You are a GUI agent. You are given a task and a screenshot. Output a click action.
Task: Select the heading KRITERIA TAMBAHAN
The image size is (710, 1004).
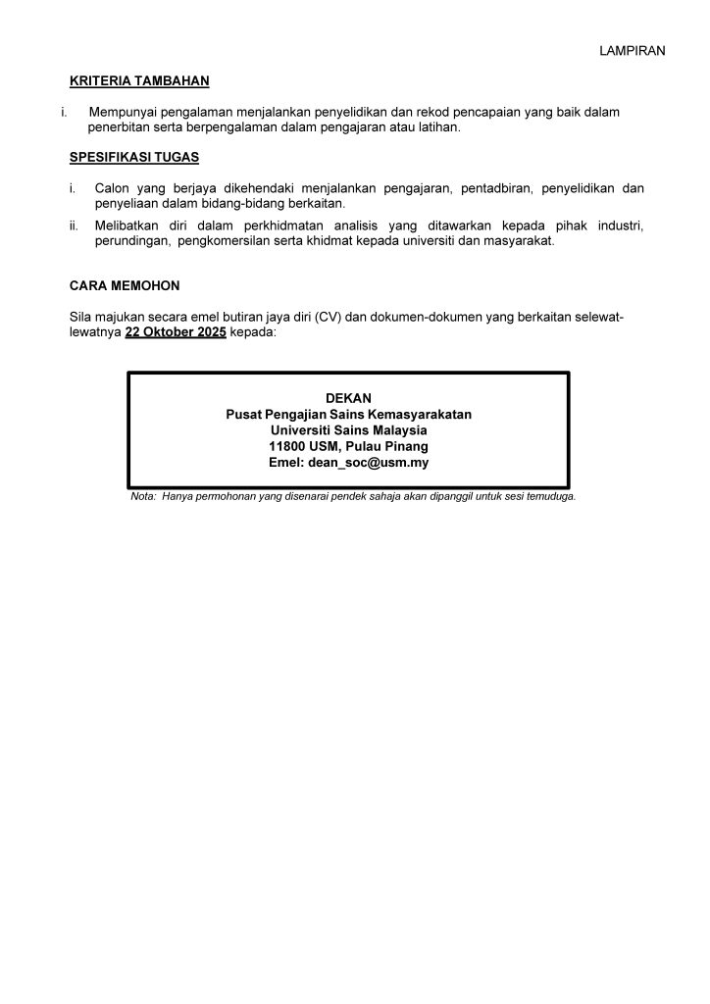139,81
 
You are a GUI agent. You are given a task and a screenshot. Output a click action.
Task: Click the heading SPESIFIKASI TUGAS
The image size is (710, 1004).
134,157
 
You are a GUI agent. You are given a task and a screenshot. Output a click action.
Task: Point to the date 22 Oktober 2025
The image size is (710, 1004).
176,332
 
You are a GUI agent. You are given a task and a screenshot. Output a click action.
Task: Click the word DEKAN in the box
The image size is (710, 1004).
348,398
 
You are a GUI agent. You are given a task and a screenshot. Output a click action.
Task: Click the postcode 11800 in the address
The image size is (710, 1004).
285,446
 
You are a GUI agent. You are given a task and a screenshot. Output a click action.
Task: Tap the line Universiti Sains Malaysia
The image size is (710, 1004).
348,430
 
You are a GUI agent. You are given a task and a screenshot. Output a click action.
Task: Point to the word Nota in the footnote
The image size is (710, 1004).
142,497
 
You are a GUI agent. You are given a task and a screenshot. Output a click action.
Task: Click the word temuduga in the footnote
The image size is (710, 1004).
549,497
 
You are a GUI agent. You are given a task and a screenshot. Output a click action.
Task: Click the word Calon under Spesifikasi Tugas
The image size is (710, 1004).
112,188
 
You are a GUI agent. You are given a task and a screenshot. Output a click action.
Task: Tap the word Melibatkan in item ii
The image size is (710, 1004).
127,226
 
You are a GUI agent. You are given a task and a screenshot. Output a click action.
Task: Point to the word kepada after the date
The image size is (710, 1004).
254,332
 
